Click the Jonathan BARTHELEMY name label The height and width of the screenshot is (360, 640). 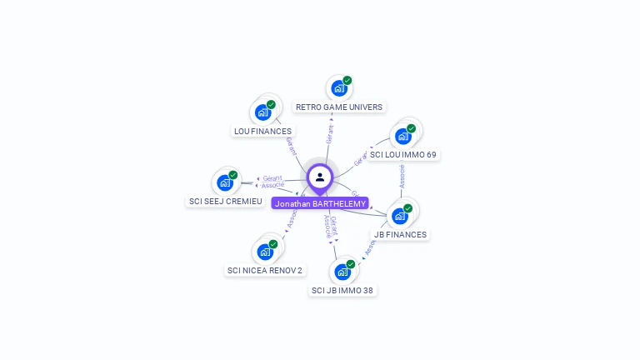click(320, 203)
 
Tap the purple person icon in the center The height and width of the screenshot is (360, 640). click(320, 177)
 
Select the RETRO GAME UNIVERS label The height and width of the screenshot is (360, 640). click(339, 107)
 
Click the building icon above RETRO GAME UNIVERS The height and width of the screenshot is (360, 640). click(338, 87)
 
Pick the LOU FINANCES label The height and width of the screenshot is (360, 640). click(262, 131)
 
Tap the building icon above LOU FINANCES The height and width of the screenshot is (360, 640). click(263, 112)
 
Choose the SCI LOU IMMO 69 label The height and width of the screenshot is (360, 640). click(403, 154)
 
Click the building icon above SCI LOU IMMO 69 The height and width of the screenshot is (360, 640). click(403, 135)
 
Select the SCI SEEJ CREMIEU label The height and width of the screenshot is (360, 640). click(226, 201)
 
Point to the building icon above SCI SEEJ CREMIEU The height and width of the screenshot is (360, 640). click(225, 182)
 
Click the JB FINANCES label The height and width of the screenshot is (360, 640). click(400, 234)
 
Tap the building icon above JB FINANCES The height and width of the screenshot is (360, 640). click(400, 215)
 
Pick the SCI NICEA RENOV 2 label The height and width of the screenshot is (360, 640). click(265, 270)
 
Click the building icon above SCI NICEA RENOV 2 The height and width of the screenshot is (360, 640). click(265, 251)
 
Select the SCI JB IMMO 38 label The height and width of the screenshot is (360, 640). click(342, 290)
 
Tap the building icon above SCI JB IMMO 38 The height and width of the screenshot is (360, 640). click(342, 271)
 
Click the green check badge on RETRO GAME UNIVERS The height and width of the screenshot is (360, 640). click(347, 81)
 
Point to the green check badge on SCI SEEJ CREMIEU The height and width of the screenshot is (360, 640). click(233, 175)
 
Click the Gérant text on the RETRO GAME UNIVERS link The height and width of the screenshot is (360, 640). click(330, 134)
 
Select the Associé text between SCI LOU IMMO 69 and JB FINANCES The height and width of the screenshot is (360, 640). click(402, 175)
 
